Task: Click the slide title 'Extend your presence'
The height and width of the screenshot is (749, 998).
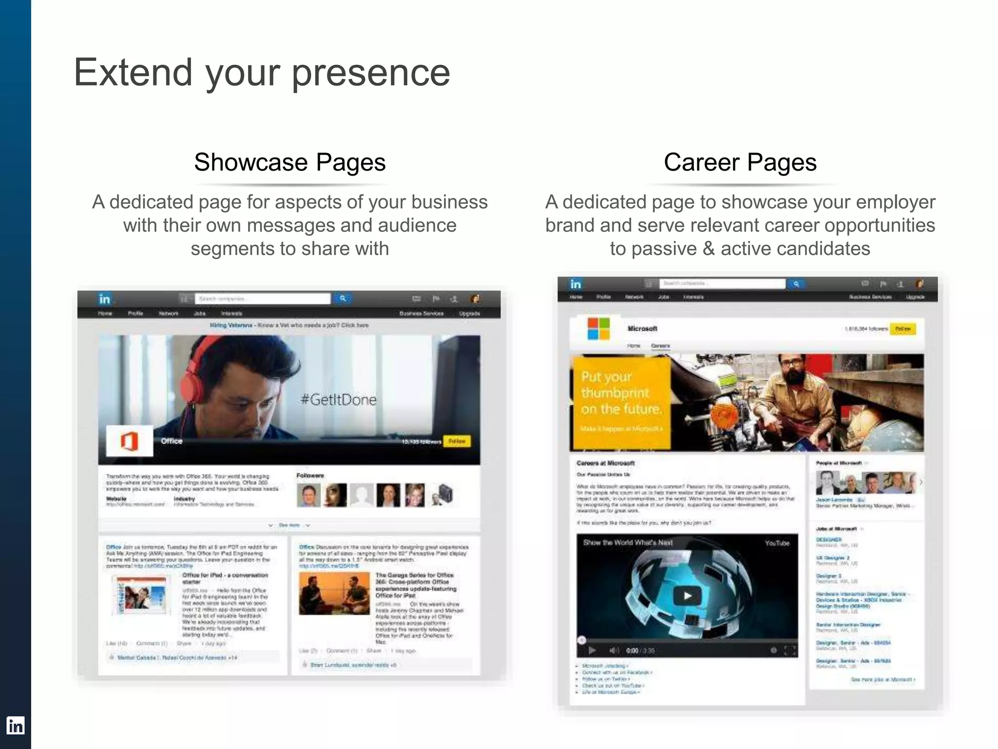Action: (x=262, y=73)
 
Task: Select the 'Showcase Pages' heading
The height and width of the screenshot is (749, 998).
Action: (x=289, y=162)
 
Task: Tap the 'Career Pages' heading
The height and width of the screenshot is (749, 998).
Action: (x=740, y=162)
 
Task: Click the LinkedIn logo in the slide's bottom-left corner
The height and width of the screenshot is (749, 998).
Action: (x=15, y=726)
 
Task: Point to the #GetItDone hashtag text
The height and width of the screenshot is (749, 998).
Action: (x=339, y=400)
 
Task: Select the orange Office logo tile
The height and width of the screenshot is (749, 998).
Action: (x=129, y=441)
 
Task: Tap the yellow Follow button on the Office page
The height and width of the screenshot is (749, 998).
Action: (x=457, y=441)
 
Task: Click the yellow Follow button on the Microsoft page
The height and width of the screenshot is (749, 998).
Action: (x=902, y=329)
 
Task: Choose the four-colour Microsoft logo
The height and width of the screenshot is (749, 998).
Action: (x=598, y=328)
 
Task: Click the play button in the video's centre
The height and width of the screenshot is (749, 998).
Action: (x=687, y=595)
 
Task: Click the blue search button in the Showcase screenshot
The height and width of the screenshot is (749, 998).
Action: (x=343, y=298)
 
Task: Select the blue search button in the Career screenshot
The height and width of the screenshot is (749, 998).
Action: (x=796, y=283)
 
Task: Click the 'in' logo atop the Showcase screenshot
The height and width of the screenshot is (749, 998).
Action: (x=104, y=299)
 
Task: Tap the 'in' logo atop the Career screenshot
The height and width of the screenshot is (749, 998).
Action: (x=576, y=284)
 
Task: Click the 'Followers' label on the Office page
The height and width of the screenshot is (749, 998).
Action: (x=310, y=475)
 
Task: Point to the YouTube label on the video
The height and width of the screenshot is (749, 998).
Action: (x=777, y=543)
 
